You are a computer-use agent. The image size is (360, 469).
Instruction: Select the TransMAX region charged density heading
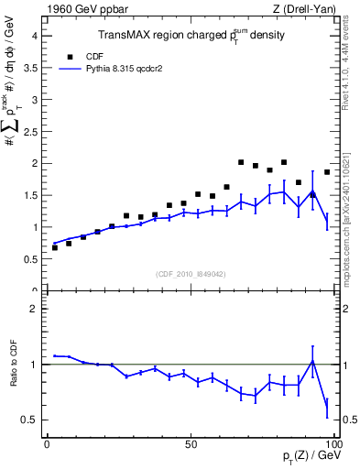point(191,36)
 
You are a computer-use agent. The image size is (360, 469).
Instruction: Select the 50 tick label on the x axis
point(191,443)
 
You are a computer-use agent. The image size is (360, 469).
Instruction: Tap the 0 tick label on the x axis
point(47,443)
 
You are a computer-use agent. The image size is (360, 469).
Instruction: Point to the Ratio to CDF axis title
point(14,364)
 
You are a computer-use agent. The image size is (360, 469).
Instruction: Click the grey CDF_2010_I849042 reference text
point(191,273)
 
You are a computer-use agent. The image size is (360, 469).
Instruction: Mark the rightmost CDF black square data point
point(327,172)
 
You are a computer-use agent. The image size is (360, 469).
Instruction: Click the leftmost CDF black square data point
point(55,247)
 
